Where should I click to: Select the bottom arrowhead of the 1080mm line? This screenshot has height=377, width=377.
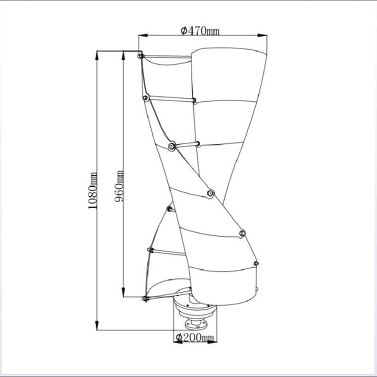[x=97, y=328]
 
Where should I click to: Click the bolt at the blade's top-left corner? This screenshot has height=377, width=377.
[x=140, y=57]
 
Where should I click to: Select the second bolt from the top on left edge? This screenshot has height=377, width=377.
[x=145, y=98]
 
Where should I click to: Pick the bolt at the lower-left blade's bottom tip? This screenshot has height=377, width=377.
[x=145, y=298]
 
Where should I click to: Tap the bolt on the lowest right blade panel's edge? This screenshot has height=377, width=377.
[x=256, y=263]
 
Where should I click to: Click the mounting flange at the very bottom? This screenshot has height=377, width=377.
[x=194, y=325]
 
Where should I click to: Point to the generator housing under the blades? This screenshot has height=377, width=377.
[x=194, y=309]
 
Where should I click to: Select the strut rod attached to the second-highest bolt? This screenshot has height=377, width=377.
[x=170, y=99]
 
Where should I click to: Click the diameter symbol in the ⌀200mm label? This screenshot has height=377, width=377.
[x=179, y=337]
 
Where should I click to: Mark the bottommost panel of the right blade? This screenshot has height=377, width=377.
[x=221, y=285]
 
